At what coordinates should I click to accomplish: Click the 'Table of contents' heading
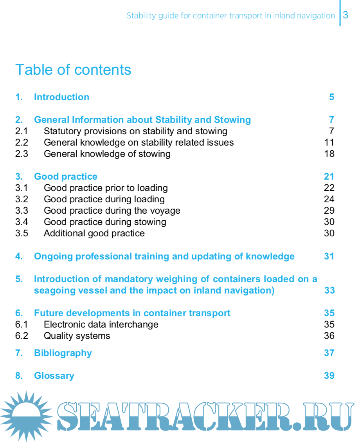[73, 70]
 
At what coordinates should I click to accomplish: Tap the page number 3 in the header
[346, 15]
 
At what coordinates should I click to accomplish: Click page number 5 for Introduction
[331, 97]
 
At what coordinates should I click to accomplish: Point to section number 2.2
[22, 142]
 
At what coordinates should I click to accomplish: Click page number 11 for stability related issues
[329, 142]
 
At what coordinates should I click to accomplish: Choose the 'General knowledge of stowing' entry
[107, 154]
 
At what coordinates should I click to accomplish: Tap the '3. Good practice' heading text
[65, 176]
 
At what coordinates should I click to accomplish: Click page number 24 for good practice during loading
[329, 199]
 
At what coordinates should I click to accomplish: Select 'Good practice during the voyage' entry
[112, 211]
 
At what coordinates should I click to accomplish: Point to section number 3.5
[22, 233]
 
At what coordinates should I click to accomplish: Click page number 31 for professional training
[329, 256]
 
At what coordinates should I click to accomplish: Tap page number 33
[329, 290]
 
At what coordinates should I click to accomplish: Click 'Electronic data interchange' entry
[101, 324]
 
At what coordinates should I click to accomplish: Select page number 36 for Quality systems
[329, 336]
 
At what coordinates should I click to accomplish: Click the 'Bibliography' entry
[63, 353]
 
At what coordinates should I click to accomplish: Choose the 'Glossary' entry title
[54, 376]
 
